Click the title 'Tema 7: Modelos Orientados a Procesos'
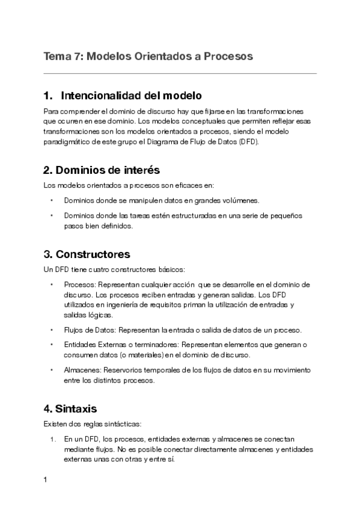148,56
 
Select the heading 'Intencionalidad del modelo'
130,96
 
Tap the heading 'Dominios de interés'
102,170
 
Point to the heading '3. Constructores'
87,254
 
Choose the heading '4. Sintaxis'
70,409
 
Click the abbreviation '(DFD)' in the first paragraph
247,141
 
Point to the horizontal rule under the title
180,73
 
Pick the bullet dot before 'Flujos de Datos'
52,330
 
